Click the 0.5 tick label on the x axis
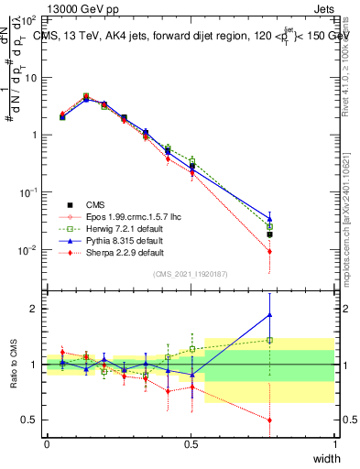click(x=191, y=443)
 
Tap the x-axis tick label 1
click(x=335, y=443)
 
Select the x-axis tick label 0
click(x=47, y=443)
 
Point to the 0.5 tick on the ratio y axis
click(x=33, y=420)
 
